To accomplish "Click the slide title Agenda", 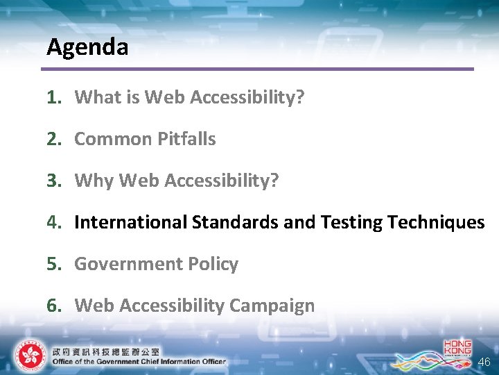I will click(x=87, y=47).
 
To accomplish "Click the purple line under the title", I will click(x=256, y=69).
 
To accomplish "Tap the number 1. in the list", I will click(x=55, y=97).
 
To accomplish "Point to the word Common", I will click(x=112, y=139).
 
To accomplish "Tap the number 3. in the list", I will click(x=55, y=181).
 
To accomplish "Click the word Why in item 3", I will click(x=94, y=181).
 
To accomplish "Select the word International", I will click(x=131, y=222).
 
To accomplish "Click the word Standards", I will click(x=236, y=222).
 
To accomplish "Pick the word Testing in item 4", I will click(x=351, y=222).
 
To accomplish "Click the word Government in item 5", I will click(x=121, y=264).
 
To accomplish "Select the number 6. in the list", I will click(x=55, y=306).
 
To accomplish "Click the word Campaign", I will click(x=272, y=306).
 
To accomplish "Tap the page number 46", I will click(x=483, y=362).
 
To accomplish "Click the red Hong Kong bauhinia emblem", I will click(x=29, y=356).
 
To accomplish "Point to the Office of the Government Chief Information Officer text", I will click(x=139, y=361).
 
